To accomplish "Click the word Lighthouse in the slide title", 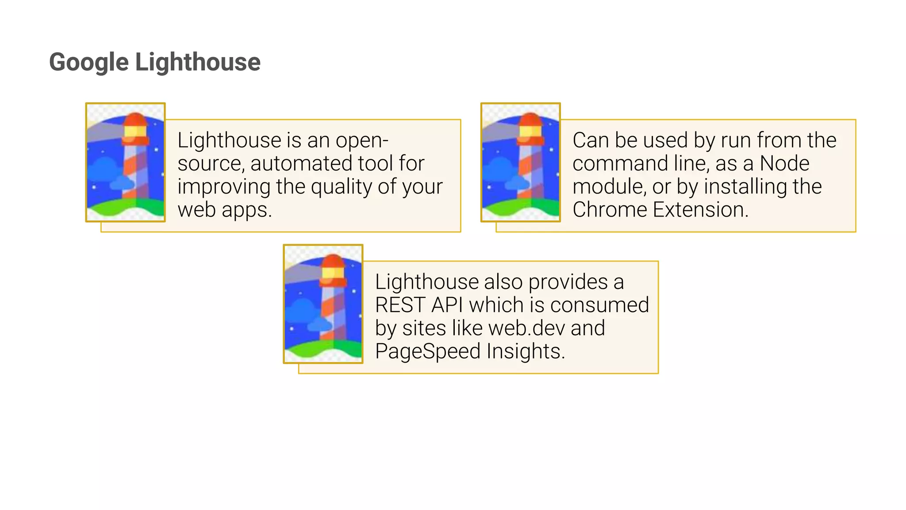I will tap(198, 62).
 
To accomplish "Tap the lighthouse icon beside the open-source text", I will tap(125, 162).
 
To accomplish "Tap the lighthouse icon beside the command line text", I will tap(520, 162).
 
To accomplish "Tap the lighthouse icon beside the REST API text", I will tap(323, 304).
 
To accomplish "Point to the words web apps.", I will tap(224, 210).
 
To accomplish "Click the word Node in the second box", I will tap(784, 163).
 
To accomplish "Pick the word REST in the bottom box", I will tap(400, 305).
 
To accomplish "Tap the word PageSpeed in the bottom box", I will tap(427, 352).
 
